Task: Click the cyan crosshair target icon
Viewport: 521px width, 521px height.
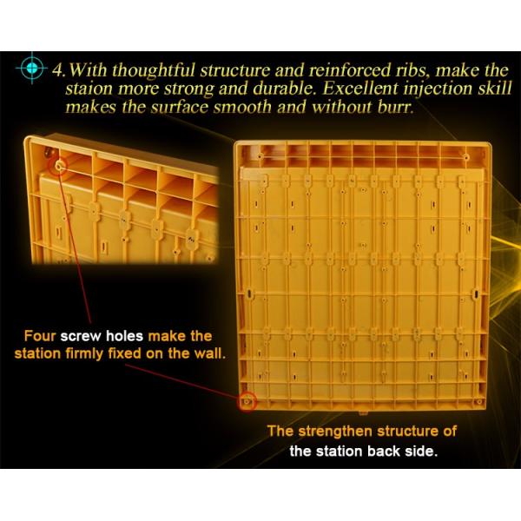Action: coord(32,68)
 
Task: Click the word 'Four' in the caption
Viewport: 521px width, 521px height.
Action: coord(40,336)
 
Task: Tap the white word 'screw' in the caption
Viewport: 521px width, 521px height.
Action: coord(81,337)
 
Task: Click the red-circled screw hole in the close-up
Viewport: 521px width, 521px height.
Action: coord(59,166)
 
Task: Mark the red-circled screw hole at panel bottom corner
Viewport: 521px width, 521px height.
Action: coord(247,402)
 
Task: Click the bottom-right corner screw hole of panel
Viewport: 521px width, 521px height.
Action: coord(478,402)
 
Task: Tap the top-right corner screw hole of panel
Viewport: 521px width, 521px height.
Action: coord(466,157)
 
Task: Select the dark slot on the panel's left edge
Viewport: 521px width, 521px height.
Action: coord(248,293)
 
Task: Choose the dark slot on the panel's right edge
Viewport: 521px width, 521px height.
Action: coord(476,293)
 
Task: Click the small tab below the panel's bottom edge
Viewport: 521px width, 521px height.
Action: coord(363,413)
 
